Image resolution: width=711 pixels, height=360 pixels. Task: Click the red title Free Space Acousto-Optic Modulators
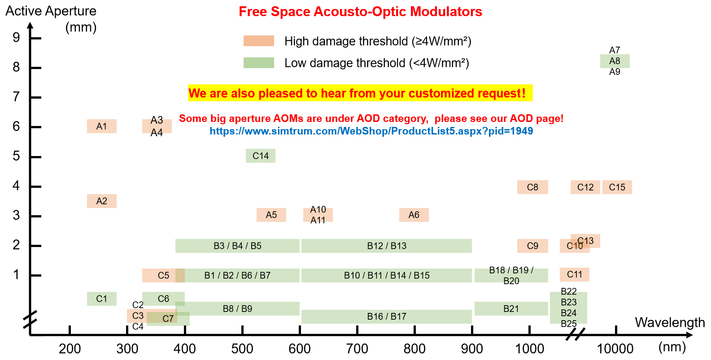360,12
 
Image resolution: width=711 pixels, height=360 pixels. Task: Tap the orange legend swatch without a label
258,41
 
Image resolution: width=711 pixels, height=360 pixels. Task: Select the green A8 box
615,61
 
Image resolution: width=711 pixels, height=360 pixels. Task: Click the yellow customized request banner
360,93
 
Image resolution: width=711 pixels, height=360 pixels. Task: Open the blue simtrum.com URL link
371,131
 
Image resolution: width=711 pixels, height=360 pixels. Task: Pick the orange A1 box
102,126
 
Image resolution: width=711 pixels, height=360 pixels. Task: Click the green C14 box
261,156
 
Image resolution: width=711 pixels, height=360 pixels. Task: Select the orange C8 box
532,187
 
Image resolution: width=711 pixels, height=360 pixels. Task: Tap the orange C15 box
617,187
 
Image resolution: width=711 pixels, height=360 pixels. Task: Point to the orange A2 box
102,201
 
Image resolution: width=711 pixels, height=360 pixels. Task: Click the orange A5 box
271,215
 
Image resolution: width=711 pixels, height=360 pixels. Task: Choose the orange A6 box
414,215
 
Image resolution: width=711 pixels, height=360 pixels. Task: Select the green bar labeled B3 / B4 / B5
237,246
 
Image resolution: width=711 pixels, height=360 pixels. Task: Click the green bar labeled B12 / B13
387,246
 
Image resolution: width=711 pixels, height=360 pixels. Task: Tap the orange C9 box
532,246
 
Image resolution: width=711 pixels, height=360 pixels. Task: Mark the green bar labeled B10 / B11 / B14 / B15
387,276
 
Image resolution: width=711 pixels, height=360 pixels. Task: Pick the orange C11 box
575,274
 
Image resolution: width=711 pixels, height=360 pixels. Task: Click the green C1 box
102,299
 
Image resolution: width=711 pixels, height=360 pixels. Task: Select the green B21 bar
511,309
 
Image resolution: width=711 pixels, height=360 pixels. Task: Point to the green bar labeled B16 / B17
387,317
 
